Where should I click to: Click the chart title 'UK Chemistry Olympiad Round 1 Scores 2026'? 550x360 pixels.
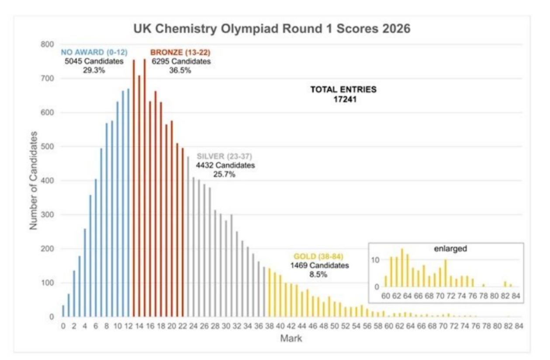point(272,29)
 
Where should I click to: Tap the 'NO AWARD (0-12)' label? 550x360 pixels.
point(94,52)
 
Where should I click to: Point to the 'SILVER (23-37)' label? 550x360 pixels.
point(224,156)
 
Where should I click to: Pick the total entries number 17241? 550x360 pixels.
point(343,99)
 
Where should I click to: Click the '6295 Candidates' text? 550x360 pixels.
point(181,61)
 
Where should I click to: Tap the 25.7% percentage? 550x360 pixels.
point(224,174)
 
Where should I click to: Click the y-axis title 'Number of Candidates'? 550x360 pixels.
point(34,180)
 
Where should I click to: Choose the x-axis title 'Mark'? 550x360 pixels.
point(291,338)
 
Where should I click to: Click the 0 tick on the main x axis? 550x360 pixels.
point(63,326)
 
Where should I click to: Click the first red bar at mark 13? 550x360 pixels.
point(134,188)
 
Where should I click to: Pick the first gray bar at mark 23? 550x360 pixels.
point(188,236)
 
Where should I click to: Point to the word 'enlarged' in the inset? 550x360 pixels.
point(450,249)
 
